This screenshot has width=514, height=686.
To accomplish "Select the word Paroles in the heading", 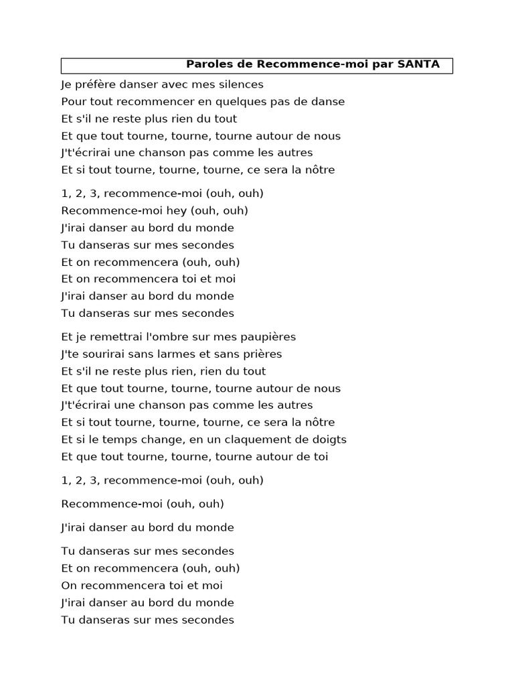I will point(206,65).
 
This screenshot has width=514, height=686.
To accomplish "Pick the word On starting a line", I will point(69,586).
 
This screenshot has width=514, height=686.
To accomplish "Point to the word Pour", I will point(72,102).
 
